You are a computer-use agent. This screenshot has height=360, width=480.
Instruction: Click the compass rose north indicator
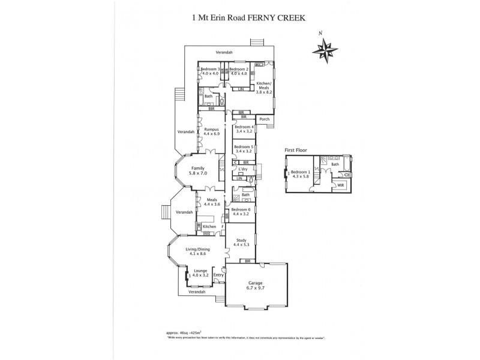point(326,47)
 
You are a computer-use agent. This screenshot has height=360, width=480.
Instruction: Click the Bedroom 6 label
point(243,211)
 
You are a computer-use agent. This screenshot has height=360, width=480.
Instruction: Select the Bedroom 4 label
point(244,129)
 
